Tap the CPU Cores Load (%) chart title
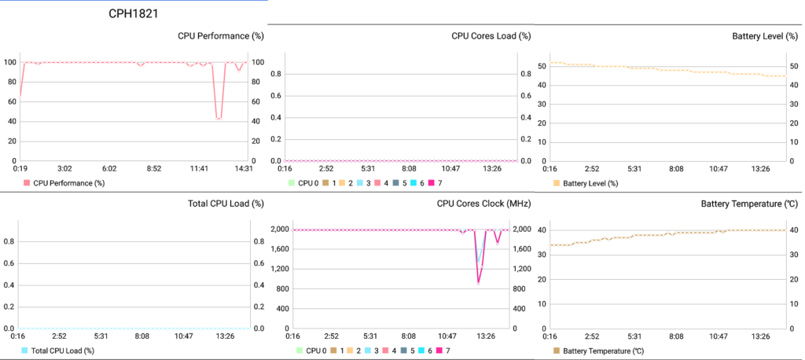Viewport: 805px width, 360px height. pyautogui.click(x=491, y=36)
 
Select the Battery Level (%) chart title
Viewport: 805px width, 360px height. pyautogui.click(x=766, y=36)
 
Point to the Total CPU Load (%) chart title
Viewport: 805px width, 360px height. pyautogui.click(x=226, y=204)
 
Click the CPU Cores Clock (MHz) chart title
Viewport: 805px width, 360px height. pyautogui.click(x=483, y=204)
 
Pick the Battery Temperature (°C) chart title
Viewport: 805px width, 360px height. pyautogui.click(x=751, y=204)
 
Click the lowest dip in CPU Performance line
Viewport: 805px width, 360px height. pyautogui.click(x=219, y=119)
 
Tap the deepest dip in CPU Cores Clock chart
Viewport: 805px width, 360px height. pyautogui.click(x=478, y=282)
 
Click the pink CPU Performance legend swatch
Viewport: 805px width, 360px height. pyautogui.click(x=27, y=183)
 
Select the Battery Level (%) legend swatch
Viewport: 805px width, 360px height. pyautogui.click(x=556, y=183)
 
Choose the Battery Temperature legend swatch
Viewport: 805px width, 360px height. pyautogui.click(x=556, y=351)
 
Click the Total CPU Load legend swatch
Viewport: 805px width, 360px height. pyautogui.click(x=26, y=351)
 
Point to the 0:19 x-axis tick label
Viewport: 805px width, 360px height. pyautogui.click(x=21, y=168)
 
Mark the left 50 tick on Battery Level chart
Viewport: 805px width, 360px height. pyautogui.click(x=542, y=66)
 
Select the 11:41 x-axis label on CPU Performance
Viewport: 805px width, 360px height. pyautogui.click(x=199, y=168)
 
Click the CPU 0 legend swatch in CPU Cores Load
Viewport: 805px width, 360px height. pyautogui.click(x=292, y=183)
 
